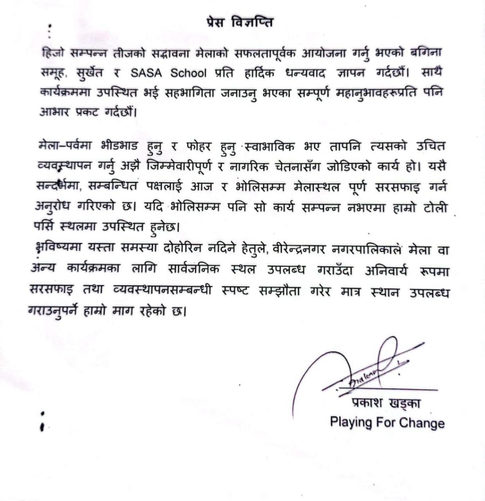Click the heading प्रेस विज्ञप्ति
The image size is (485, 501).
click(239, 22)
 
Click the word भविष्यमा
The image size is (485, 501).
click(53, 250)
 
